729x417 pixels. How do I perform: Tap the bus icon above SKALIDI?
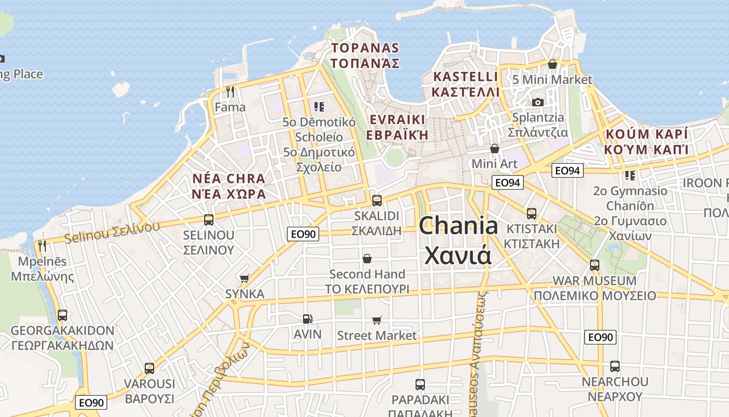(376, 200)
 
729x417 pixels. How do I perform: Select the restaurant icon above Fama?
(230, 92)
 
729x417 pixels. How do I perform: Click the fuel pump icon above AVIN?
(308, 318)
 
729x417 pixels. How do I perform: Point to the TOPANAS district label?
(366, 56)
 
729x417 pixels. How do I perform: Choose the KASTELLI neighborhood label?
(466, 84)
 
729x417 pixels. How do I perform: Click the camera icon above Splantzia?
(538, 102)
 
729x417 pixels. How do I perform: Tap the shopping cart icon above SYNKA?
(244, 279)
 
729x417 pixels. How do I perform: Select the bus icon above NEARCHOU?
(614, 366)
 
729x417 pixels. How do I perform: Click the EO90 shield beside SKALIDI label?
(303, 234)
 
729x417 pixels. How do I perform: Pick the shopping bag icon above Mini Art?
(494, 149)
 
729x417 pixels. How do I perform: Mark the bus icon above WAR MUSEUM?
(594, 265)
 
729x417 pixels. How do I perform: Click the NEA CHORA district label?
(229, 186)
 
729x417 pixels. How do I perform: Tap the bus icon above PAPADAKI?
(420, 385)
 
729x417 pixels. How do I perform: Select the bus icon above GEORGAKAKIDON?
(62, 315)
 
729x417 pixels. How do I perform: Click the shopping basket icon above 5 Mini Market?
(552, 65)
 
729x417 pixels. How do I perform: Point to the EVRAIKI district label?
(398, 127)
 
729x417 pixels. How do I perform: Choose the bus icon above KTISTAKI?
(531, 213)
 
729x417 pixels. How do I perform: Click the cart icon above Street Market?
(376, 320)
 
